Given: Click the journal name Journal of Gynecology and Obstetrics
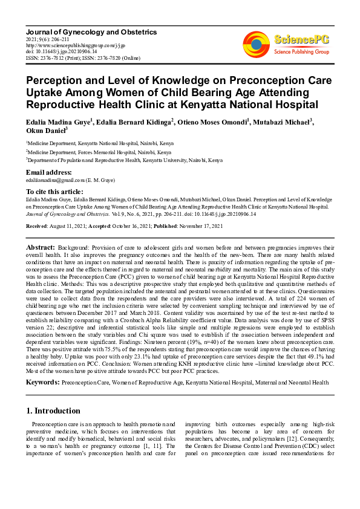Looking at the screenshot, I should click(91, 31).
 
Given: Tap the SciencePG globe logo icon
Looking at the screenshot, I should click(257, 45).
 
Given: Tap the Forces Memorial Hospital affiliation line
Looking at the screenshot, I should click(100, 152).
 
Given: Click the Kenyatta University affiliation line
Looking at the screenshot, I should click(124, 160).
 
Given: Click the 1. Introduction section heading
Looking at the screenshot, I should click(53, 410).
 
